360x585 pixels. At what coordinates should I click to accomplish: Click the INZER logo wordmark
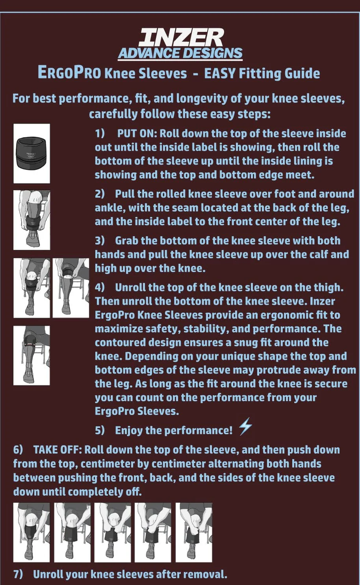click(x=180, y=38)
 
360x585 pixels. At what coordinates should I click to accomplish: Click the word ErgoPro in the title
click(x=69, y=73)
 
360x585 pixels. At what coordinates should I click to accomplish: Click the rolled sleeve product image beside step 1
click(x=32, y=153)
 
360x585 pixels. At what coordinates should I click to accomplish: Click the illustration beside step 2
click(x=32, y=220)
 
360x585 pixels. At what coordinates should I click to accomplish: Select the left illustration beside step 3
click(x=32, y=288)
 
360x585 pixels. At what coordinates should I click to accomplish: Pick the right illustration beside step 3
click(x=71, y=288)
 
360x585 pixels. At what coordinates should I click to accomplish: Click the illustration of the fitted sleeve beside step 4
click(x=32, y=355)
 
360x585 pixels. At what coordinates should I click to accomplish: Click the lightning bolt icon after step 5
click(x=245, y=427)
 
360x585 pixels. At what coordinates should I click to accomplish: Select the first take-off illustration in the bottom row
click(x=32, y=532)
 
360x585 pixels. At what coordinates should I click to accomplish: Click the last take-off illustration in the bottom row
click(x=193, y=532)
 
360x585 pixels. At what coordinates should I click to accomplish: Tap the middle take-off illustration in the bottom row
click(x=112, y=532)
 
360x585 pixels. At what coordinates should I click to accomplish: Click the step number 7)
click(x=18, y=574)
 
